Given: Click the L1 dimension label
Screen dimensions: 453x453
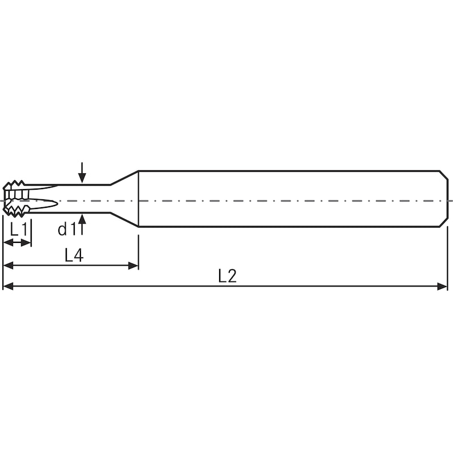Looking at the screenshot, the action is click(19, 230).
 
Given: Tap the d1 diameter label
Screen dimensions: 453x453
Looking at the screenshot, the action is click(66, 229).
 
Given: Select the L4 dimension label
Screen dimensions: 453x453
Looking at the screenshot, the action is click(74, 255).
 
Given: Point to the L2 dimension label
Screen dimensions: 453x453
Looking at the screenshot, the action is click(228, 276).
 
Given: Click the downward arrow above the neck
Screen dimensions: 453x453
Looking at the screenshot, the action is click(82, 173).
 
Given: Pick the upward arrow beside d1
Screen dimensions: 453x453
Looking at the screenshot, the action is click(82, 224).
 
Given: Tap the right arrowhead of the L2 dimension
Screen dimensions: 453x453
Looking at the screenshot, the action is click(442, 287).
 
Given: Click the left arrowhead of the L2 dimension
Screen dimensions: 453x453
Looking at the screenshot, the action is click(8, 287).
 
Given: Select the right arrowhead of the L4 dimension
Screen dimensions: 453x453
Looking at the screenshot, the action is click(133, 266).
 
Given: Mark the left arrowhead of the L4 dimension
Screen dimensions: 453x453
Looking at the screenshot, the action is click(8, 266).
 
